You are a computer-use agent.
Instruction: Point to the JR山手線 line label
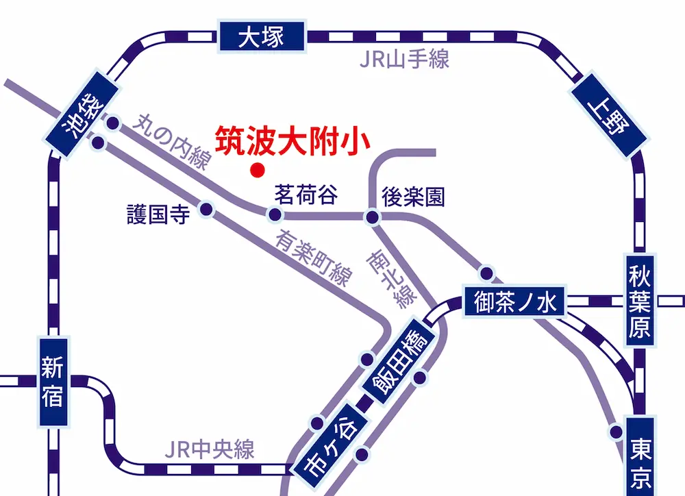coord(404,60)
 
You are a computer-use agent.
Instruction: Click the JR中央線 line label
coord(210,449)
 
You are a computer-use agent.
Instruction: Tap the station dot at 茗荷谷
coord(275,216)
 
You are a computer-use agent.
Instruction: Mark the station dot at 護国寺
coord(206,210)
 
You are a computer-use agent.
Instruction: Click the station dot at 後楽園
coord(372,218)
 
